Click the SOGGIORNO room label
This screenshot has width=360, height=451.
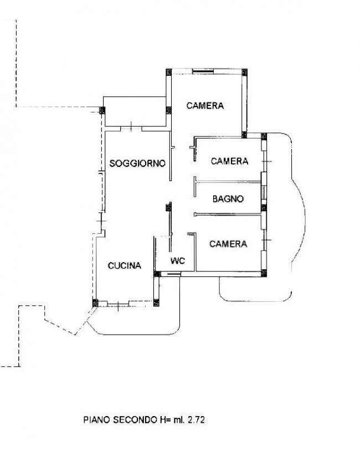click(137, 163)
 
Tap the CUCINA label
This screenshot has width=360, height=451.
click(125, 265)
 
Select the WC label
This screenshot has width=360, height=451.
click(178, 260)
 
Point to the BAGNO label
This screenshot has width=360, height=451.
click(228, 199)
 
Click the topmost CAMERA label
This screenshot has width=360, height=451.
click(205, 106)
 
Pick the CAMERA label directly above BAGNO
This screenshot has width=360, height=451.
click(229, 161)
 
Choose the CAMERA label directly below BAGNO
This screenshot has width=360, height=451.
click(228, 244)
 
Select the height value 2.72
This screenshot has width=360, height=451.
click(197, 419)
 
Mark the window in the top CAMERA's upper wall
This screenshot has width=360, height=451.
click(203, 71)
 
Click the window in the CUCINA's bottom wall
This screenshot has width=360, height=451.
click(118, 304)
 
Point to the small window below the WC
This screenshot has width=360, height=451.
click(174, 274)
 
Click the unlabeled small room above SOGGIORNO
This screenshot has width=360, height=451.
click(135, 111)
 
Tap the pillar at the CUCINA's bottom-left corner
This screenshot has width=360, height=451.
click(95, 303)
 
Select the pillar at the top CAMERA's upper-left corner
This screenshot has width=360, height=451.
click(169, 72)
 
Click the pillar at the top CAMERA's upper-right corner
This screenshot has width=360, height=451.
click(244, 72)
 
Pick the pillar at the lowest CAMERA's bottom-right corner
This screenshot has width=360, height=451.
click(264, 273)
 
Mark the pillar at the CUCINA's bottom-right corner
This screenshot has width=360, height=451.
click(156, 303)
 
